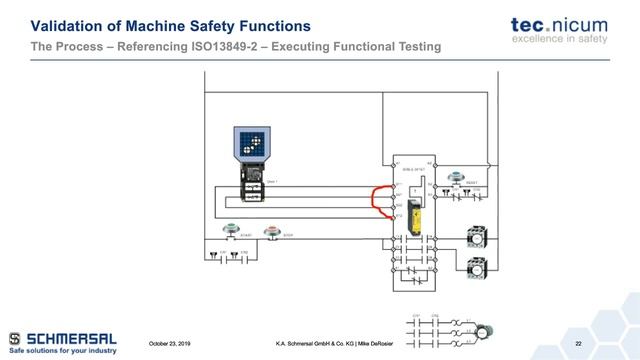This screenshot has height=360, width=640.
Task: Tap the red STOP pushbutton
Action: [x=271, y=233]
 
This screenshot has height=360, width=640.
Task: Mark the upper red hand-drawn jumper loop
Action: [x=379, y=196]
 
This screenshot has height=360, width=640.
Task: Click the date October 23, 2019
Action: [x=171, y=345]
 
